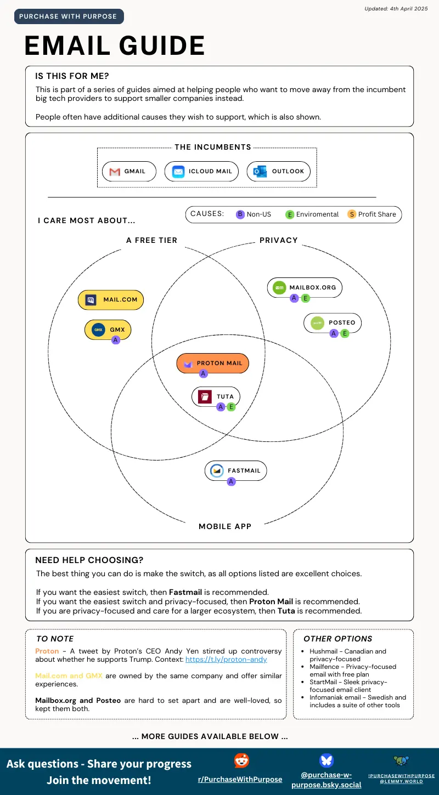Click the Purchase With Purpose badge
pyautogui.click(x=69, y=16)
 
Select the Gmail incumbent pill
pyautogui.click(x=129, y=172)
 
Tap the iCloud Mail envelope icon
pyautogui.click(x=178, y=172)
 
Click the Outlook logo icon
pyautogui.click(x=260, y=172)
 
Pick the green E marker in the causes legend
pyautogui.click(x=290, y=214)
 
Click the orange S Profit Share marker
pyautogui.click(x=352, y=214)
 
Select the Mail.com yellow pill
pyautogui.click(x=111, y=300)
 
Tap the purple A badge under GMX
pyautogui.click(x=115, y=340)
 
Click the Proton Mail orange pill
pyautogui.click(x=213, y=363)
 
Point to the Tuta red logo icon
pyautogui.click(x=205, y=396)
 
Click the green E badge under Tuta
pyautogui.click(x=231, y=407)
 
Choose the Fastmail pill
pyautogui.click(x=235, y=470)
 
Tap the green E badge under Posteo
pyautogui.click(x=345, y=333)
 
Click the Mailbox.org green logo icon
pyautogui.click(x=279, y=287)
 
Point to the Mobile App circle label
pyautogui.click(x=225, y=526)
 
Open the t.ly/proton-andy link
pyautogui.click(x=226, y=660)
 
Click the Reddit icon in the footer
pyautogui.click(x=241, y=760)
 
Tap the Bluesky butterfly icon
pyautogui.click(x=326, y=760)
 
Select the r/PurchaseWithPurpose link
pyautogui.click(x=240, y=780)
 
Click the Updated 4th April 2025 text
pyautogui.click(x=396, y=9)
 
